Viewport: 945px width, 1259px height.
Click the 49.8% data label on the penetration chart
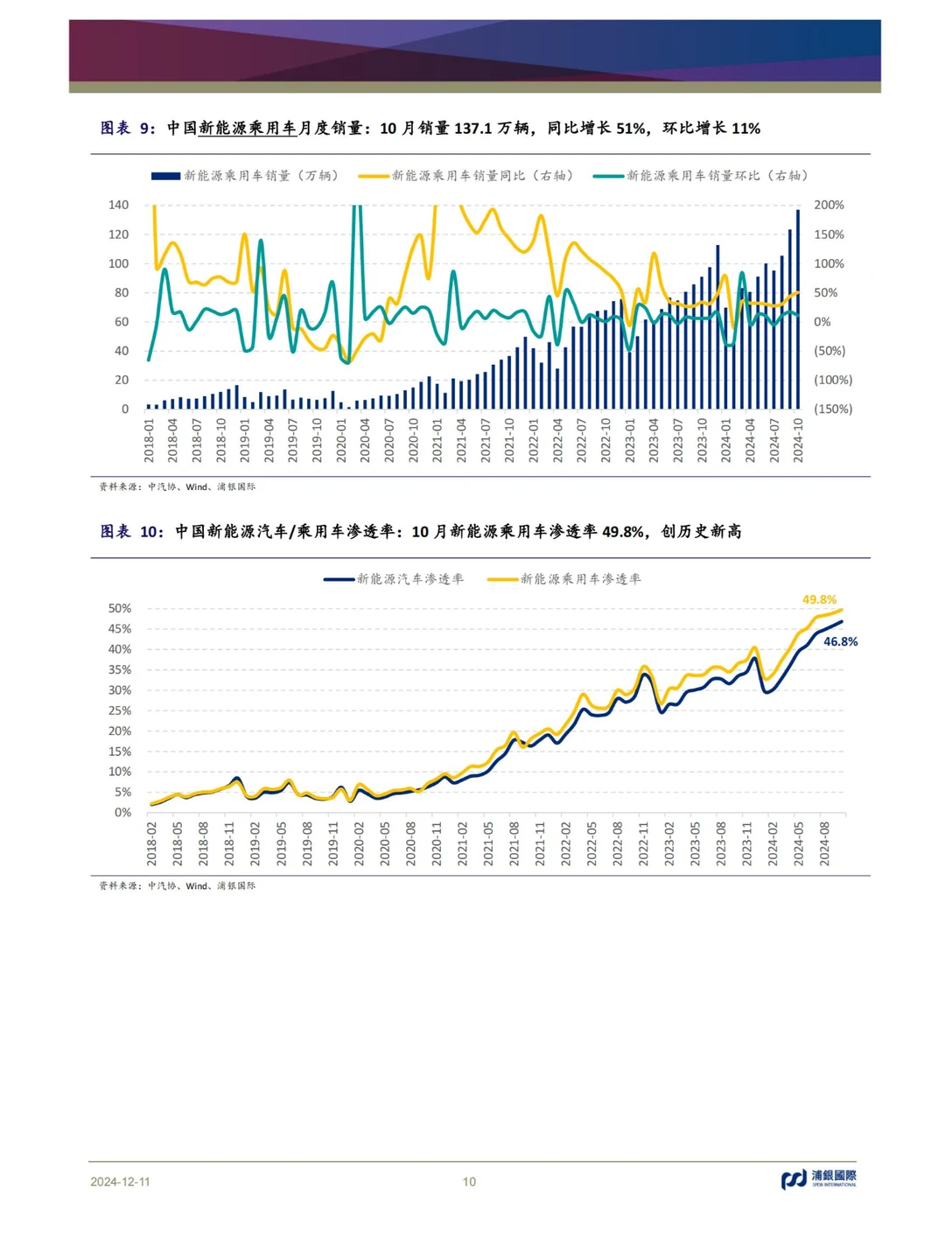[x=819, y=599]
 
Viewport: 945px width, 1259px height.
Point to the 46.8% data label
[x=840, y=641]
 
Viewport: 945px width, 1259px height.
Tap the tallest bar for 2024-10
[x=797, y=309]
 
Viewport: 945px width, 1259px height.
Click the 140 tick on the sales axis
[x=119, y=205]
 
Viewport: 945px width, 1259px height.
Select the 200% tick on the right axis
[x=829, y=205]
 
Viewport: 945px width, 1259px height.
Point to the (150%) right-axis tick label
[x=833, y=409]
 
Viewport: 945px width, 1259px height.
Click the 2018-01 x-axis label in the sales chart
[x=149, y=440]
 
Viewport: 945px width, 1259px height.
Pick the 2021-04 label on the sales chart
[x=462, y=440]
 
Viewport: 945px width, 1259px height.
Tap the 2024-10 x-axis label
[x=798, y=440]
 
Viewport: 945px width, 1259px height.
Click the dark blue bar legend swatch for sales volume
[x=165, y=176]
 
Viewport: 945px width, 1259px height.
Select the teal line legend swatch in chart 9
[x=608, y=176]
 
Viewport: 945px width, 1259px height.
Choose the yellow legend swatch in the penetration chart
[x=502, y=579]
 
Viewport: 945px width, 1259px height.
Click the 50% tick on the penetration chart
[x=120, y=608]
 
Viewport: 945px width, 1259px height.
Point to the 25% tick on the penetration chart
[x=120, y=710]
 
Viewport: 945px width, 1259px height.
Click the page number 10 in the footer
[x=469, y=1181]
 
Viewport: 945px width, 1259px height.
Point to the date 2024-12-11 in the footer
[x=120, y=1181]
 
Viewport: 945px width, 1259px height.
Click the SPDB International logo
[x=818, y=1179]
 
